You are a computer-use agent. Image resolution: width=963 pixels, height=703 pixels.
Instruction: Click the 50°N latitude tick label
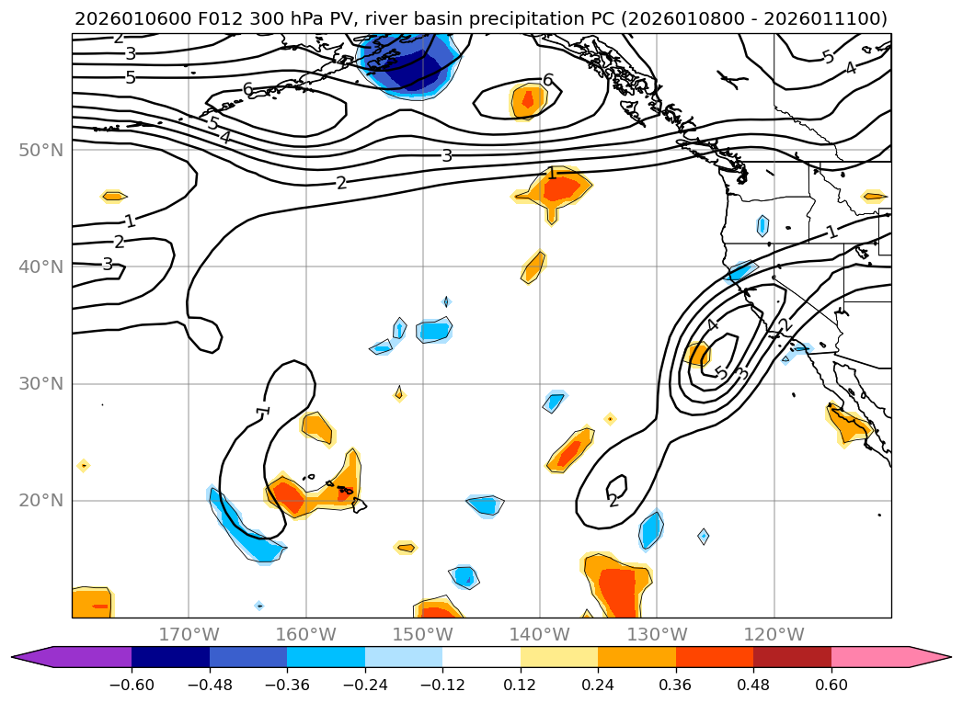click(x=40, y=150)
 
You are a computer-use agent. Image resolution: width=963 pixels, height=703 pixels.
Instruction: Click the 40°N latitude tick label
click(x=40, y=266)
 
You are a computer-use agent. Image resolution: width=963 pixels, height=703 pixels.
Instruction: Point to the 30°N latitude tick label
click(x=40, y=383)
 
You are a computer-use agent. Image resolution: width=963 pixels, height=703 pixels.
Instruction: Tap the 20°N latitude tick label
click(x=40, y=501)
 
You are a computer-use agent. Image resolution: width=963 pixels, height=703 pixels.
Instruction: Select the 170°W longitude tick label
click(x=189, y=634)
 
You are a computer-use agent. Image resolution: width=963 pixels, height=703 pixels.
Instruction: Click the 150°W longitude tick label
click(x=423, y=634)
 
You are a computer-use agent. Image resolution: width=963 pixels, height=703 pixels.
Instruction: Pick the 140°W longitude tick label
click(x=540, y=634)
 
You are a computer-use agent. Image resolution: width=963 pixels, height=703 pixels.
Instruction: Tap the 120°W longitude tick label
click(x=774, y=634)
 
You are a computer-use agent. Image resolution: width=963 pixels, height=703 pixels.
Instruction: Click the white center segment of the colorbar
click(x=481, y=656)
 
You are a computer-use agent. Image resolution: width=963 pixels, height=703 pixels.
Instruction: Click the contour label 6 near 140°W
click(x=547, y=80)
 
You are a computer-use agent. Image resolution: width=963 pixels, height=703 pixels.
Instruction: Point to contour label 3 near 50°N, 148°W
click(x=447, y=155)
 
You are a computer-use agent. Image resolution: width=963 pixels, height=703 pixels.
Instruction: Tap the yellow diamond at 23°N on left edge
click(x=84, y=466)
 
